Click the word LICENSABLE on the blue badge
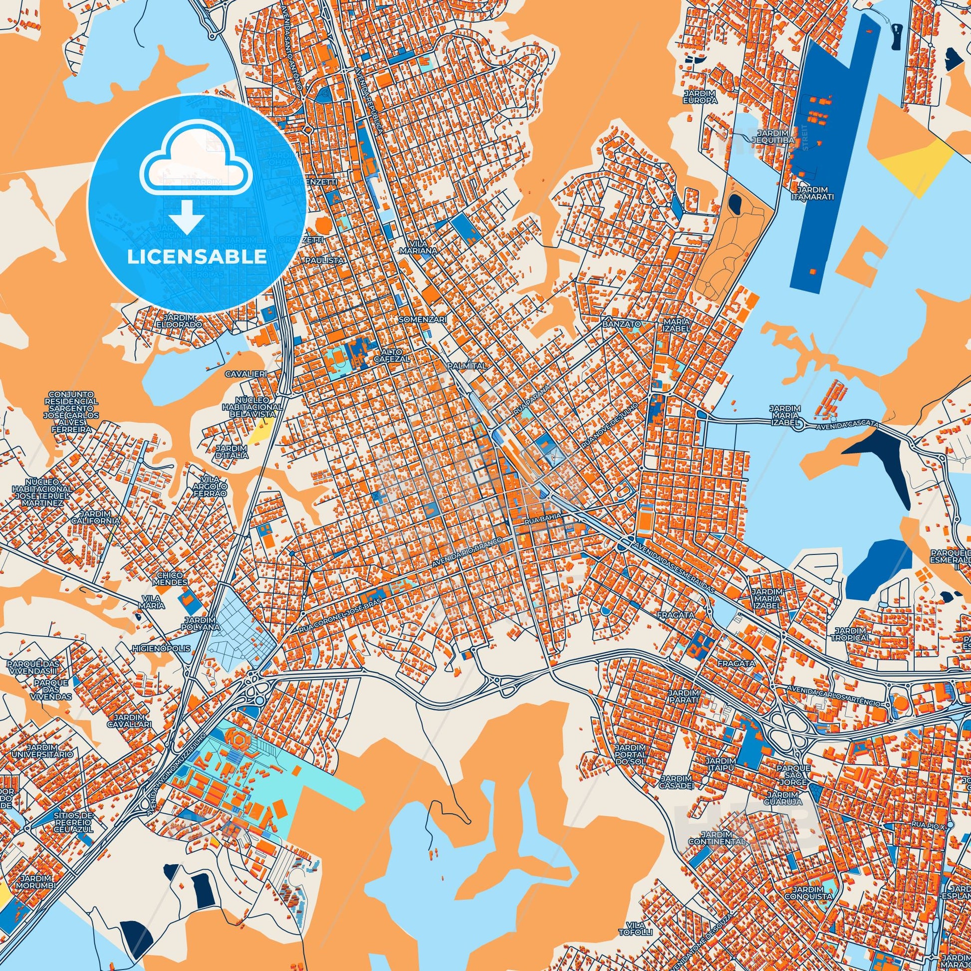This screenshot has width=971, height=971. point(197,256)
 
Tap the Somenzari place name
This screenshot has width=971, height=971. point(419,319)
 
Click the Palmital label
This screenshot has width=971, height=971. point(467,366)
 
